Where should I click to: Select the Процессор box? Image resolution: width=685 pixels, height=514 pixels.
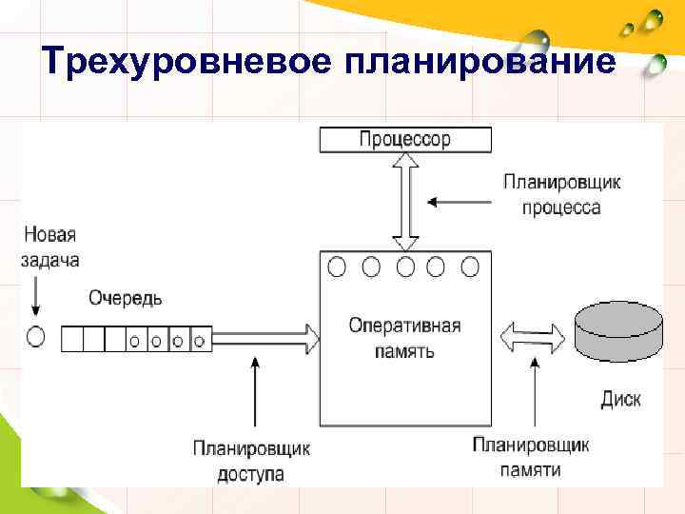[x=405, y=140]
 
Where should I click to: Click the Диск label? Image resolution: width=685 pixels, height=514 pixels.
[x=620, y=399]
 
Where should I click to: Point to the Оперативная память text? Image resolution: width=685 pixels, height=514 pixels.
[x=404, y=338]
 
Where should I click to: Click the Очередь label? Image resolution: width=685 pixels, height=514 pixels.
[x=126, y=298]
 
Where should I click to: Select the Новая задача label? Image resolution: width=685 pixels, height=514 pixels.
[x=49, y=247]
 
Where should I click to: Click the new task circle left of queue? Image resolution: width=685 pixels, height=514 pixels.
[x=36, y=337]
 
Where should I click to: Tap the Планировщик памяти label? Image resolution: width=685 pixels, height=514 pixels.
[x=531, y=457]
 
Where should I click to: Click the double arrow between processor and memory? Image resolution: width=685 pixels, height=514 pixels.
[x=406, y=202]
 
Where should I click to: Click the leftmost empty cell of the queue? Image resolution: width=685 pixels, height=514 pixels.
[x=72, y=338]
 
